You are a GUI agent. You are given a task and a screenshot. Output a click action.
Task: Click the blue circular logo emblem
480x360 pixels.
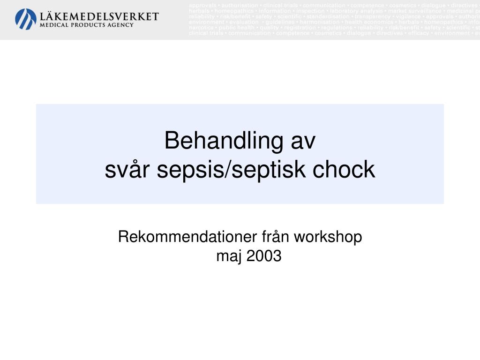[26, 19]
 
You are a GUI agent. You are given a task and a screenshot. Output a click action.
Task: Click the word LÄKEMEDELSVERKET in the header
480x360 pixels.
[100, 16]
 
